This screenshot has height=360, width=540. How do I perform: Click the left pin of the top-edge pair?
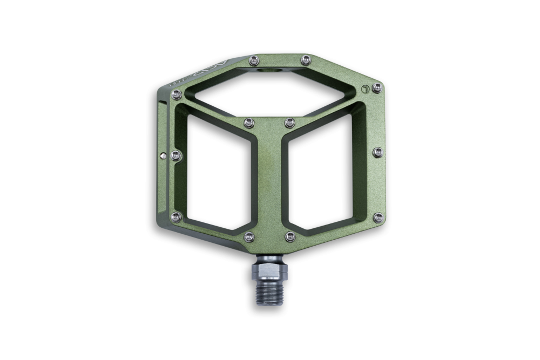(x=253, y=59)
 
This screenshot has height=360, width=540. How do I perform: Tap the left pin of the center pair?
(x=248, y=121)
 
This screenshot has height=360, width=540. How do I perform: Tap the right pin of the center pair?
(x=289, y=121)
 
